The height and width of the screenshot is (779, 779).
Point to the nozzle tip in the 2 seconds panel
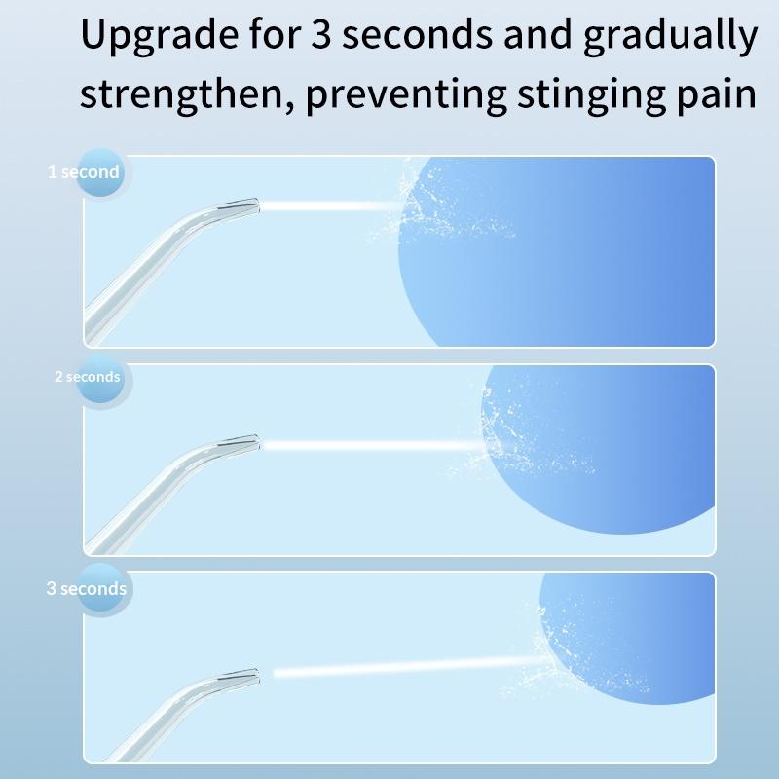243,444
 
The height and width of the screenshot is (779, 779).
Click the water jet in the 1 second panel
331,205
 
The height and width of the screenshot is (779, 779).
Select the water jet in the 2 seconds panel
370,445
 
